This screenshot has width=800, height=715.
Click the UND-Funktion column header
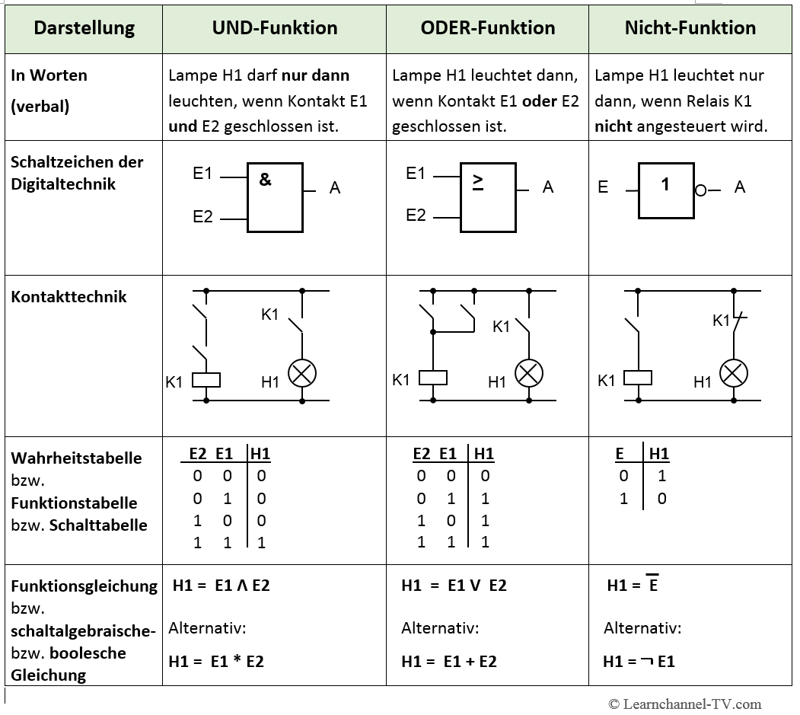[x=274, y=28]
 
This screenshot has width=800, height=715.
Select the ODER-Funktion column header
[x=487, y=28]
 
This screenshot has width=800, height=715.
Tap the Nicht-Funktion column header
[x=690, y=28]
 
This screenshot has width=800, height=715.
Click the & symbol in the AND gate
[x=265, y=180]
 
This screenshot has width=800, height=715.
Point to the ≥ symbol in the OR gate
[x=478, y=180]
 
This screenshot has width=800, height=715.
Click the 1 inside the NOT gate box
[x=665, y=184]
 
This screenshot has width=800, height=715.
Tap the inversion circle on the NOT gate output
[x=700, y=190]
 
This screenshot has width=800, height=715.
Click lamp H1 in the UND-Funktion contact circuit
[x=302, y=373]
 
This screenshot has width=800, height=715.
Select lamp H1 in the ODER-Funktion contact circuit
[x=529, y=372]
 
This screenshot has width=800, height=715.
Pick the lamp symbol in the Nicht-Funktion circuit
[x=734, y=373]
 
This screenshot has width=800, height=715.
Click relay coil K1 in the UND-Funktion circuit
[x=206, y=378]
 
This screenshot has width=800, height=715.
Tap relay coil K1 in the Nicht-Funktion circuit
[x=638, y=377]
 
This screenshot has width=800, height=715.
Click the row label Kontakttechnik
[x=69, y=297]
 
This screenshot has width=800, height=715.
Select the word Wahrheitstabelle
[x=76, y=458]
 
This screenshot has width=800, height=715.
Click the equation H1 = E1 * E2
[x=216, y=661]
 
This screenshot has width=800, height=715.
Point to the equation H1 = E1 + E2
[x=449, y=661]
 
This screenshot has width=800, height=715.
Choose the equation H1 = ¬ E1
[x=639, y=661]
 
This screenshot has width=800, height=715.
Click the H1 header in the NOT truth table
[x=658, y=454]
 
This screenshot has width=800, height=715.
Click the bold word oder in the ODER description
[x=540, y=101]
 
